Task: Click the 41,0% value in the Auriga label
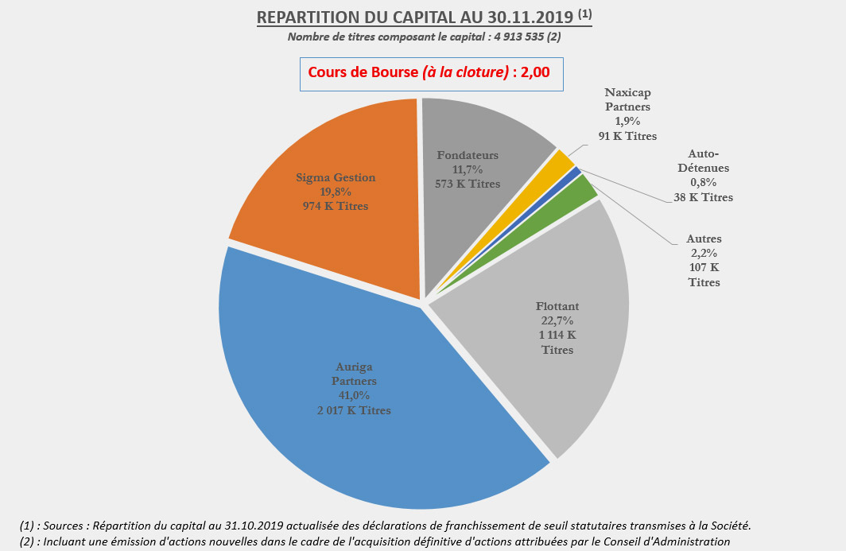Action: pos(354,396)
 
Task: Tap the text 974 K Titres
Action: pos(336,206)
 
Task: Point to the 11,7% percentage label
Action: pos(468,169)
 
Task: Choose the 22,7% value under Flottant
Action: pos(557,321)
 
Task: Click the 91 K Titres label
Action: pos(628,136)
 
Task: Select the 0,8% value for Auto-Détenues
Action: pos(703,183)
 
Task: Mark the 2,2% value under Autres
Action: pos(703,253)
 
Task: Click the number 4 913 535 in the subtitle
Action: pos(517,37)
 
